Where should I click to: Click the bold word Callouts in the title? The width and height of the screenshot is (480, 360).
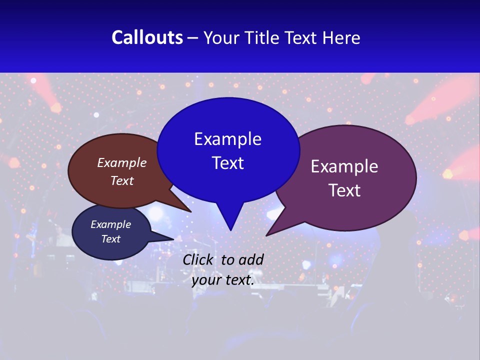point(147,38)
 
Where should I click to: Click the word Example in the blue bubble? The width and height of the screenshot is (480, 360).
point(227,139)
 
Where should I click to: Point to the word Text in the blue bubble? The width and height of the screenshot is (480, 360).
point(227,163)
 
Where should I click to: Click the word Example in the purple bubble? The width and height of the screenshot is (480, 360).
point(344,166)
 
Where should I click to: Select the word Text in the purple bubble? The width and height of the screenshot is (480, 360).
point(344,190)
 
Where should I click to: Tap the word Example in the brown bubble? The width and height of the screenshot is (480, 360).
point(122,163)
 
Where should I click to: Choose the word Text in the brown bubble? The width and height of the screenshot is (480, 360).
point(122,180)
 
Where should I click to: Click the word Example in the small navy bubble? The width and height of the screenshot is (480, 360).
point(110,224)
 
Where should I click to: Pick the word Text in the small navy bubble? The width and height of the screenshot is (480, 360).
point(110,239)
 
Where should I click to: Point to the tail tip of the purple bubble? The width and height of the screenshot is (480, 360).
point(268,234)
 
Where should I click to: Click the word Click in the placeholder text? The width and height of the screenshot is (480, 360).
point(197,259)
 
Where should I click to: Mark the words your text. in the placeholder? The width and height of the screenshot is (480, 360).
point(223,280)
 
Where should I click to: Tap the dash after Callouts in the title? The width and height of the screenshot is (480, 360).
point(193,38)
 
